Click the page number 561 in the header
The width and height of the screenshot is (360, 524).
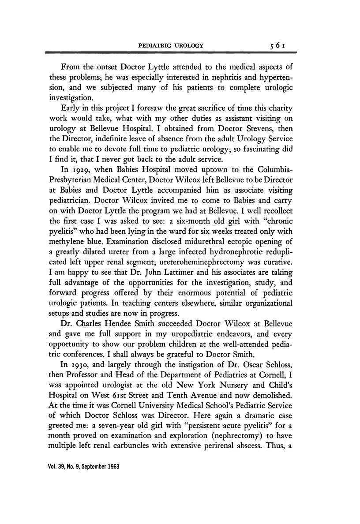pos(280,45)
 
